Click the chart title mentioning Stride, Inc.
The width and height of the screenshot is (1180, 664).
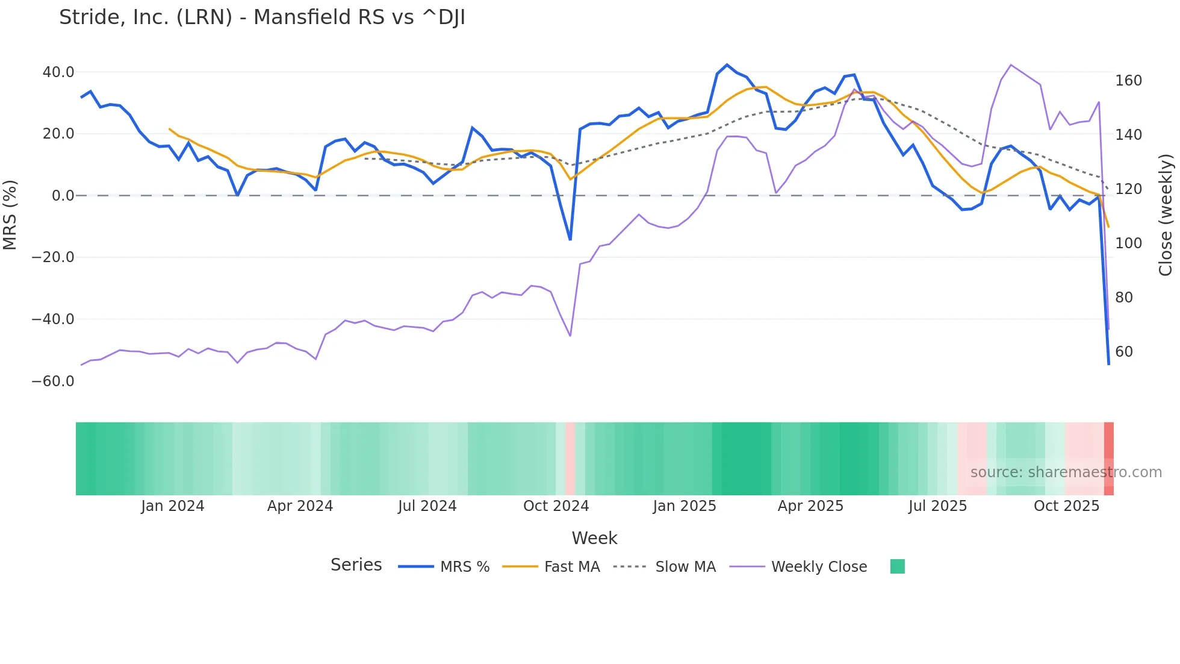click(x=262, y=17)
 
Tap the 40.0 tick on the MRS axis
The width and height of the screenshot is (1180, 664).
click(x=58, y=72)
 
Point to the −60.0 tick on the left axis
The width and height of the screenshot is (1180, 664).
click(x=53, y=381)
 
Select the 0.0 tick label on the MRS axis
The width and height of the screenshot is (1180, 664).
click(x=63, y=196)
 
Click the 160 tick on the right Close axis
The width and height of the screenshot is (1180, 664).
click(x=1128, y=81)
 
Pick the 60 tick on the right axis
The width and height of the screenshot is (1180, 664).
click(x=1123, y=352)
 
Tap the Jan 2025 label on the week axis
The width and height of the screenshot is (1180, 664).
click(x=685, y=506)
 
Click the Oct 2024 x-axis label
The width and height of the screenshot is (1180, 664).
click(x=556, y=506)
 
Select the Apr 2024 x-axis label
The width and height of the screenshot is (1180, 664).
click(x=300, y=506)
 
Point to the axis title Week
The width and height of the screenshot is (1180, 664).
click(x=594, y=538)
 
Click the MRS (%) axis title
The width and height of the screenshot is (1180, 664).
click(x=10, y=215)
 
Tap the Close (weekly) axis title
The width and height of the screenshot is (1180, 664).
click(x=1166, y=215)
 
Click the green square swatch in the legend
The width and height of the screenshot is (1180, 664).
click(x=897, y=566)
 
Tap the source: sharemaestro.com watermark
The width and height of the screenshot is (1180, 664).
click(x=1066, y=472)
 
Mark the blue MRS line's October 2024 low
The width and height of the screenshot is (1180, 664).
click(x=570, y=240)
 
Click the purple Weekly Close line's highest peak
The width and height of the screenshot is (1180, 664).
click(x=1011, y=64)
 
